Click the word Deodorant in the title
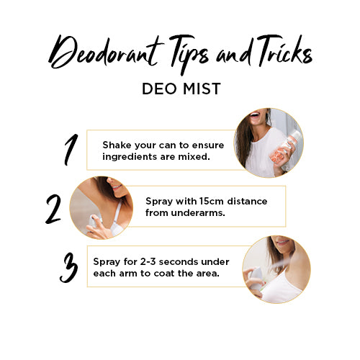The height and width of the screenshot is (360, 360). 107,53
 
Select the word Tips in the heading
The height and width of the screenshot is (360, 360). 189,54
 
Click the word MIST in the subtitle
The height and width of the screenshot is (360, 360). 202,89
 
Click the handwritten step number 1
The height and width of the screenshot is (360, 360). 71,150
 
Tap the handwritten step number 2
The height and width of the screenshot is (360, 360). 53,210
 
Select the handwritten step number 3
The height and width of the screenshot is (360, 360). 69,268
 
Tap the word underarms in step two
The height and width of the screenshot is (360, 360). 197,212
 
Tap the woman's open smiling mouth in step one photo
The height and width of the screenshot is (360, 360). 254,114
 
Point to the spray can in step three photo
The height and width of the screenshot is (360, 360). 255,278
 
